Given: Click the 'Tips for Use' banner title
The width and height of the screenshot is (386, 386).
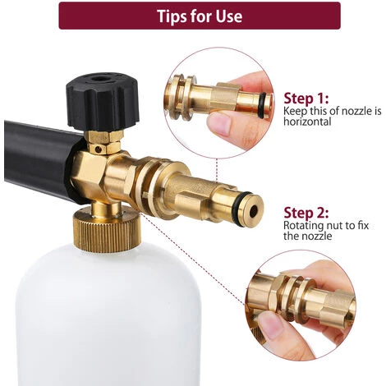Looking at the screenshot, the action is pos(200,16).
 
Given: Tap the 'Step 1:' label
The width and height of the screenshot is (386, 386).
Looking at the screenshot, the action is pos(306,99).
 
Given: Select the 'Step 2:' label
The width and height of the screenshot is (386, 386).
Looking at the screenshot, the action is pos(306,213).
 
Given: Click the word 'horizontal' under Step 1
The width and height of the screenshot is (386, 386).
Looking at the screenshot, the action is pos(307,122).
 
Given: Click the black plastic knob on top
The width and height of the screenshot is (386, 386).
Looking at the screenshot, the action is pos(103,102).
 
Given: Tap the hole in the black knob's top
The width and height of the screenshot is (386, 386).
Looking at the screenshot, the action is pos(99,80).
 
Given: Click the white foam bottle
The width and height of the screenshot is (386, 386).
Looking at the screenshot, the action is pos(108,315).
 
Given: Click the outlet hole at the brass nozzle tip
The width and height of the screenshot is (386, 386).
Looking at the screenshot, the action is pos(254,210).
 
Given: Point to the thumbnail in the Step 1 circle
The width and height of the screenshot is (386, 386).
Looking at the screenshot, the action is pos(219,123).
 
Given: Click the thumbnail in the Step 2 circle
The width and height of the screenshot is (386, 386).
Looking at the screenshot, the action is pos(270,325).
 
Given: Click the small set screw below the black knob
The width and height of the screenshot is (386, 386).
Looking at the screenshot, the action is pos(99,149).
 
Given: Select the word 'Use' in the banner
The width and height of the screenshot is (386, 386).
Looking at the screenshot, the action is pos(229,16).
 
